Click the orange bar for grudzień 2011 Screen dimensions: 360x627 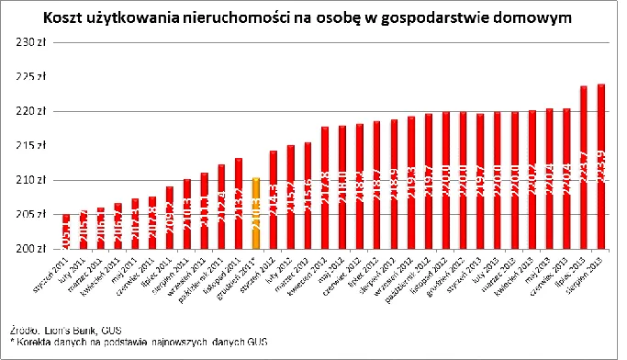(256, 213)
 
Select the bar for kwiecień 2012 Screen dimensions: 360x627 (325, 187)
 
